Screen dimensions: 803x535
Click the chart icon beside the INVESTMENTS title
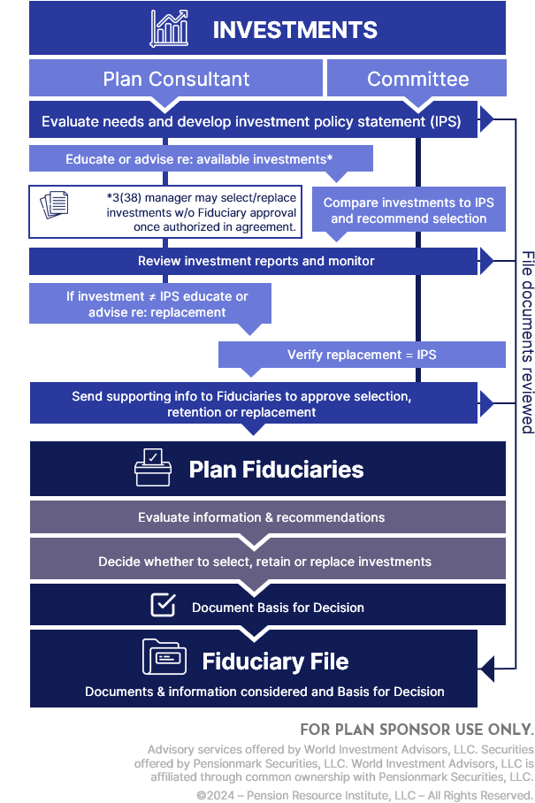[x=168, y=28]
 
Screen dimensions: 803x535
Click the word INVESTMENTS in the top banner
[x=294, y=29]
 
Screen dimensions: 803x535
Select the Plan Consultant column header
[x=176, y=79]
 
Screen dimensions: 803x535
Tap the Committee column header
[x=417, y=79]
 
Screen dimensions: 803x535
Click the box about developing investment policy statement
[x=252, y=121]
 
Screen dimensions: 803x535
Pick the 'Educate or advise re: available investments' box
[x=200, y=159]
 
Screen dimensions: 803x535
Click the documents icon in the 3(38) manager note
[x=55, y=204]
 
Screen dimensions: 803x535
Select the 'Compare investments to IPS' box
[x=409, y=210]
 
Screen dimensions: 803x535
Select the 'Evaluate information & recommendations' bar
[x=267, y=517]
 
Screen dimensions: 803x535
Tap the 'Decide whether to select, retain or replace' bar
[x=265, y=562]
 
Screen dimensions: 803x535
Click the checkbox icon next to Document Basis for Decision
[x=162, y=605]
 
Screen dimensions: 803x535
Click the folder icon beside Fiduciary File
[x=164, y=659]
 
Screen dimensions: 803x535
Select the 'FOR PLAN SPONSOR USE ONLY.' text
[x=417, y=730]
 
